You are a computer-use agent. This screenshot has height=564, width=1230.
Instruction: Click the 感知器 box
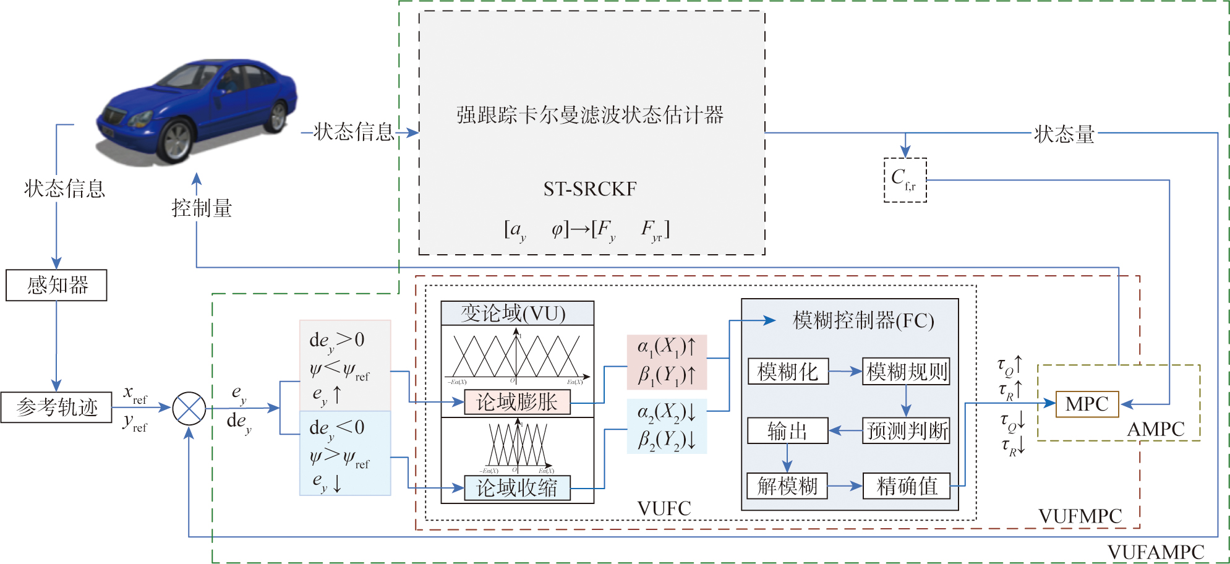tap(56, 285)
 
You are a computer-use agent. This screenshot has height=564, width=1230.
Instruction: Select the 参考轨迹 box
tap(56, 408)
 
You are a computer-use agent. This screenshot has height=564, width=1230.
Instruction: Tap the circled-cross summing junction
tap(189, 408)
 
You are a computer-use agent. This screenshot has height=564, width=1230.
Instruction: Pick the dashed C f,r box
tap(905, 180)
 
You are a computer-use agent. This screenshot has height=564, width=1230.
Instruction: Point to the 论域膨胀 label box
tap(517, 403)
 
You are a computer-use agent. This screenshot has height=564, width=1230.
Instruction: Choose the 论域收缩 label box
tap(517, 488)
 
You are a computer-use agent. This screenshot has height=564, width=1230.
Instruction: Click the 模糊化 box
tap(788, 372)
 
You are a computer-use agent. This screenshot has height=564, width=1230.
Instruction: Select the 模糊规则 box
tap(906, 372)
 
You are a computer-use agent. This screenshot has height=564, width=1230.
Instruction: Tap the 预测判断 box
tap(906, 431)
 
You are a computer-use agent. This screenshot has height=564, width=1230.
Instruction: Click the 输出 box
tap(787, 431)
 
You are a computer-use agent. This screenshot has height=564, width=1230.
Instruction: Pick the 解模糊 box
tap(787, 486)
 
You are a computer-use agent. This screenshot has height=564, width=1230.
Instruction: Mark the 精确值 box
tap(906, 486)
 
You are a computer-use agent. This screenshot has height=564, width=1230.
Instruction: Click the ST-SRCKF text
tap(590, 189)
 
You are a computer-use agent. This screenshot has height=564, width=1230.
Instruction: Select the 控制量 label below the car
tap(202, 208)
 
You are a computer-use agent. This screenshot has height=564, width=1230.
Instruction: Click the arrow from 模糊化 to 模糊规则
tap(845, 372)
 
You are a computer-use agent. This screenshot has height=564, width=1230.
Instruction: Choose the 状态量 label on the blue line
tap(1064, 134)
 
